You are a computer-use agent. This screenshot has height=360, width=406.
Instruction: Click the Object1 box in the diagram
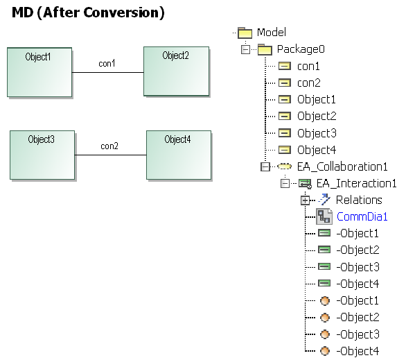tap(39, 72)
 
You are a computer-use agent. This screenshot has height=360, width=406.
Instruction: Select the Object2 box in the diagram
tap(177, 71)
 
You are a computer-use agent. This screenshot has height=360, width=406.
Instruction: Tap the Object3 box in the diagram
tap(42, 155)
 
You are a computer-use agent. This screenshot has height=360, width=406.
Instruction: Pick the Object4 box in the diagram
tap(179, 155)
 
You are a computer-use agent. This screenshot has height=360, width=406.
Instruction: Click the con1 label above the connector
tap(107, 64)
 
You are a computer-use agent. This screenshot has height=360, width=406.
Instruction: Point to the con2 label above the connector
tap(109, 146)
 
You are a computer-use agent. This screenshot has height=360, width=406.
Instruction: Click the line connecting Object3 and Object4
tap(111, 155)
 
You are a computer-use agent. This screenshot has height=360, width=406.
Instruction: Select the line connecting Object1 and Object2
tap(107, 72)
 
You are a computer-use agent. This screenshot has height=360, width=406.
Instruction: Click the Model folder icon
tap(245, 33)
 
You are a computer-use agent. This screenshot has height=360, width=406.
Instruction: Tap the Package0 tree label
tap(301, 49)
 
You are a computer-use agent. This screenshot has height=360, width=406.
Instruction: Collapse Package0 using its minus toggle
tap(245, 49)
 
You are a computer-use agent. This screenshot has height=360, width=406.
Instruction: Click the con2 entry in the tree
tap(308, 83)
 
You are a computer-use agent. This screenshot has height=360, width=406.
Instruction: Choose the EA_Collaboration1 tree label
tap(342, 166)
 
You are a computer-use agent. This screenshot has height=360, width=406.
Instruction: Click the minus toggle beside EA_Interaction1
tap(285, 184)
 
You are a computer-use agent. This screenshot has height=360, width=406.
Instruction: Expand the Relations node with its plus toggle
tap(305, 200)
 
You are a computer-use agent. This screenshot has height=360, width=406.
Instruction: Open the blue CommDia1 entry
tap(362, 216)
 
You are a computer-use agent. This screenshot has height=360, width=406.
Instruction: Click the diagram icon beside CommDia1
tap(324, 216)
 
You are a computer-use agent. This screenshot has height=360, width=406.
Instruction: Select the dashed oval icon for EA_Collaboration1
tap(284, 166)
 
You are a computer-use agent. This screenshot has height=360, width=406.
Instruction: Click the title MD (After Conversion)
tap(88, 12)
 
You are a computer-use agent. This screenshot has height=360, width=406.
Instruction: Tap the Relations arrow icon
tap(324, 200)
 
